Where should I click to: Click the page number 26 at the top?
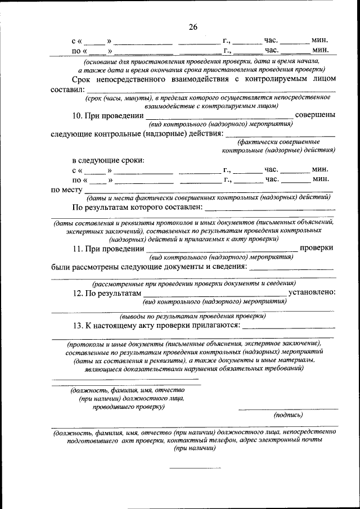tap(193, 27)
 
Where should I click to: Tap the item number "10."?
tap(79, 115)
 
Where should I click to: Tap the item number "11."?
tap(79, 248)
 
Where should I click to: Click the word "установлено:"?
tap(312, 292)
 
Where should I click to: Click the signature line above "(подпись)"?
tap(288, 408)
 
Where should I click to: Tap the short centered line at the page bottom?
tap(195, 467)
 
